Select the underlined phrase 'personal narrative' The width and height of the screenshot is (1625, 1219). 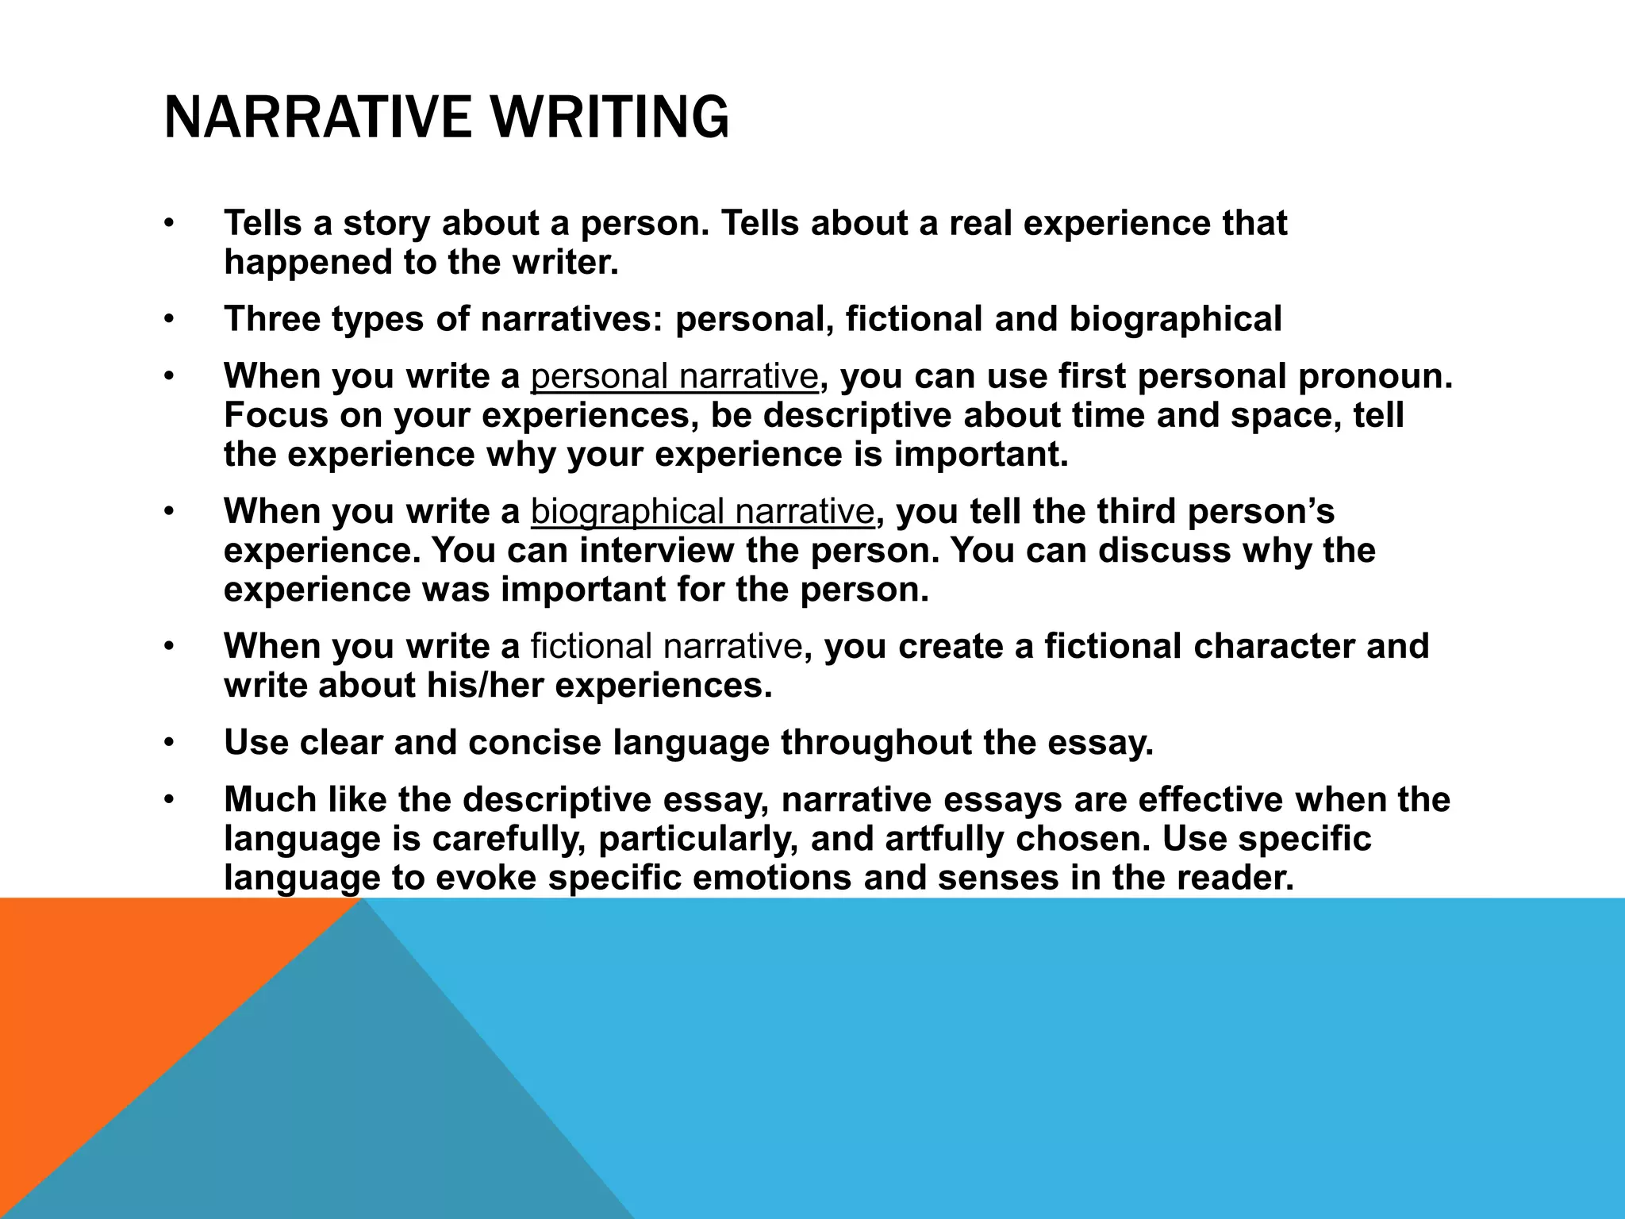tap(674, 376)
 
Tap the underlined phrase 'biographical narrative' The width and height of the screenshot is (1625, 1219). tap(702, 512)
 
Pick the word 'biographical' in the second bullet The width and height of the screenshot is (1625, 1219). tap(1175, 319)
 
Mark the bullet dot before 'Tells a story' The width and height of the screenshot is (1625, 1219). tap(167, 224)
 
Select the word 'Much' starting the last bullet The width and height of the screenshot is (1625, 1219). tap(266, 800)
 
